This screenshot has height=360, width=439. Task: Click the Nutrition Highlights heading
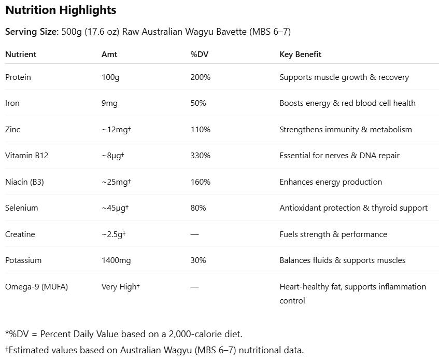[x=61, y=10]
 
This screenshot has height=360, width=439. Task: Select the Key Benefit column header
[x=300, y=54]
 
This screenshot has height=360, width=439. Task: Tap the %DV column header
[x=200, y=54]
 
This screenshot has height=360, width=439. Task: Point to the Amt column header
[x=109, y=54]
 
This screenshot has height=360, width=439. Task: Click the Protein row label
[x=18, y=77]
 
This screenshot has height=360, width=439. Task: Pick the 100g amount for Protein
[x=110, y=77]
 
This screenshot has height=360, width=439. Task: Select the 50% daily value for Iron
[x=198, y=103]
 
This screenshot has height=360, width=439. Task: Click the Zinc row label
[x=12, y=130]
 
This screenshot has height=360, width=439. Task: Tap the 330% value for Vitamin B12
[x=200, y=156]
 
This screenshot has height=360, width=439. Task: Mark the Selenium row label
[x=21, y=208]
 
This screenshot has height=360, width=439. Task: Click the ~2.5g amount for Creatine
[x=114, y=234]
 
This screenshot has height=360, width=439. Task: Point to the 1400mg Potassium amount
[x=116, y=260]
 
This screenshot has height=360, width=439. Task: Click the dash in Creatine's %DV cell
[x=194, y=234]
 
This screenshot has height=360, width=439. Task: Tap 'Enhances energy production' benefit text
[x=331, y=182]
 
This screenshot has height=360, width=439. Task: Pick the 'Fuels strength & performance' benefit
[x=333, y=234]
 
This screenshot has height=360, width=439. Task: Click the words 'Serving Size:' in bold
[x=32, y=32]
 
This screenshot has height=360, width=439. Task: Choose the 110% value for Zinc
[x=200, y=130]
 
